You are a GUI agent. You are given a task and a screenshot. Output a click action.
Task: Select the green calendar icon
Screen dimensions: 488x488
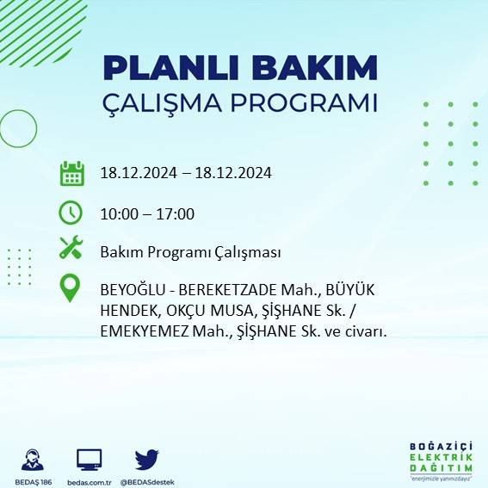coord(71,173)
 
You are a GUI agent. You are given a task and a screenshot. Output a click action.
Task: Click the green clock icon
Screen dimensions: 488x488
coord(71,212)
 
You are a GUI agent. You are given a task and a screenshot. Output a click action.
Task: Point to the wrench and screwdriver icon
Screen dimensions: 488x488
coord(71,250)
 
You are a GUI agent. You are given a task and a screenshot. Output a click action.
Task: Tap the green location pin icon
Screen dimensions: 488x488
coord(71,288)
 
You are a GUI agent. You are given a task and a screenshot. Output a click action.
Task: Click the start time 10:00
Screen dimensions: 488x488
coord(118,213)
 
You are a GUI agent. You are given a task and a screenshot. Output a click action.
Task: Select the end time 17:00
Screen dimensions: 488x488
coord(176,213)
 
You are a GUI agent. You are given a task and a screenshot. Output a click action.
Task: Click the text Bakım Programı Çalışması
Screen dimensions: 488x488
coord(190,252)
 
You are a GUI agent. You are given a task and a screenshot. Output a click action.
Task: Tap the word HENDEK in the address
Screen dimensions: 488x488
coord(127,312)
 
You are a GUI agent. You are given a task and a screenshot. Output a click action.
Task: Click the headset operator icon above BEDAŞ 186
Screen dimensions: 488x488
coord(34,460)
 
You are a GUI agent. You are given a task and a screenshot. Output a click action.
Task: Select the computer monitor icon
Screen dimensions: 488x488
coord(90,460)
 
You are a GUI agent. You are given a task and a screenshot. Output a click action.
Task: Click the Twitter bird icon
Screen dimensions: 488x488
coord(146,460)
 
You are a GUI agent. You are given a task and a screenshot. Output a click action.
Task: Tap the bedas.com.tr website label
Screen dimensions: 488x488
coord(90,481)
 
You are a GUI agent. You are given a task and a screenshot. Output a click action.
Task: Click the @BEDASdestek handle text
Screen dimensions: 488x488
coord(147,481)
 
